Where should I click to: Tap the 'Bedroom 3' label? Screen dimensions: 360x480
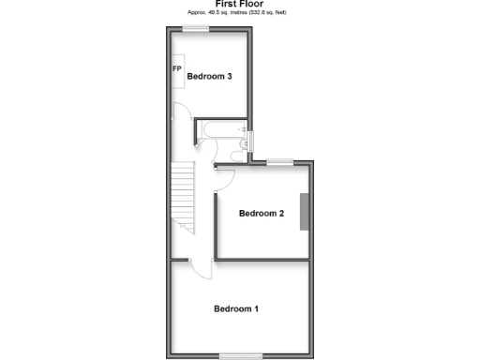coord(209,77)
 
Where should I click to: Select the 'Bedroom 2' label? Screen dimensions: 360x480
coord(261,214)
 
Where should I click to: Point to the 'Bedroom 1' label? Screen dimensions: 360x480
coord(235,308)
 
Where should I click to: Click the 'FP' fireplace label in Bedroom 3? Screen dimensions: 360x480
coord(176,70)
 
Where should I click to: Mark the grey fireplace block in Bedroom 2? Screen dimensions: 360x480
coord(304,212)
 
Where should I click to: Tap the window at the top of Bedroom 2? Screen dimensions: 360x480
coord(279,162)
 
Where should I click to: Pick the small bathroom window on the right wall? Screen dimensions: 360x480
coord(250,142)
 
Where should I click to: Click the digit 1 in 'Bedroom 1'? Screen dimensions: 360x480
coord(256,308)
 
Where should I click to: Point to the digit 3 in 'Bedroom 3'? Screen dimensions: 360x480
coord(230,77)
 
